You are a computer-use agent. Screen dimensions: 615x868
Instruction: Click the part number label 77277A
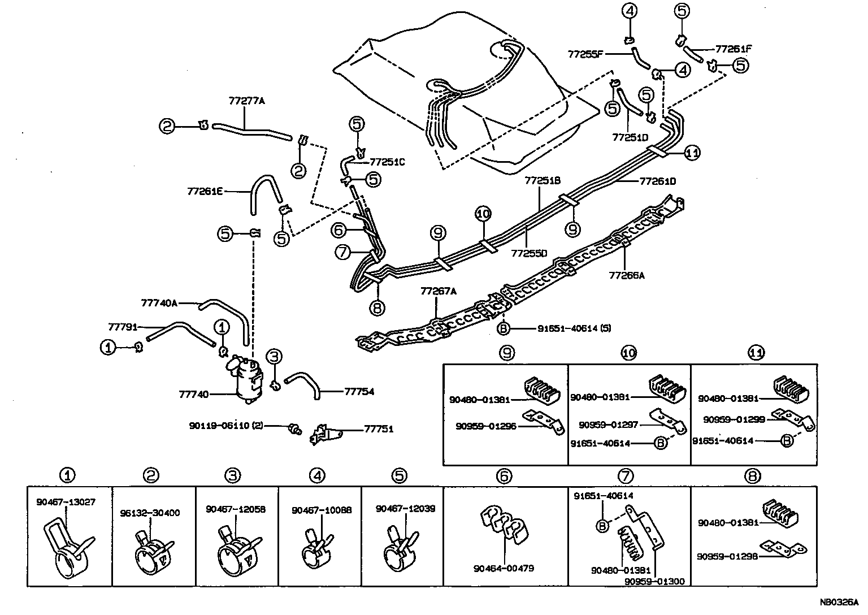pos(246,101)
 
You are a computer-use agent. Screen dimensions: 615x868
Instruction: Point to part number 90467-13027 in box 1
pos(66,501)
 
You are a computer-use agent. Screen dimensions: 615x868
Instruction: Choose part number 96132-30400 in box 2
pos(150,513)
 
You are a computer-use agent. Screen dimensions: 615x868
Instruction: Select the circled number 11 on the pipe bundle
pos(692,152)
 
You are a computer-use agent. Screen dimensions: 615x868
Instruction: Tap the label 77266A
pos(627,276)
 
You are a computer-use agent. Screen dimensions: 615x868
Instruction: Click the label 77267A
pos(438,291)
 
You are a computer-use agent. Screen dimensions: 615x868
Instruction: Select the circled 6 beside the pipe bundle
pos(338,229)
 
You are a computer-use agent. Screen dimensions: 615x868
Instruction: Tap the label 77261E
pos(205,192)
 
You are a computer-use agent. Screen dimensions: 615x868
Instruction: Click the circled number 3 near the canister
pos(274,356)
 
